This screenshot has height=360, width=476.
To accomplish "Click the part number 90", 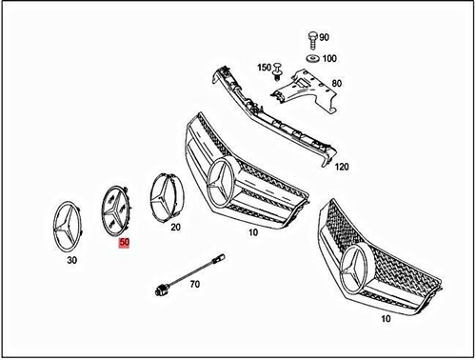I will pyautogui.click(x=325, y=37).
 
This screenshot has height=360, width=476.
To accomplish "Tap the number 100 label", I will pyautogui.click(x=329, y=59).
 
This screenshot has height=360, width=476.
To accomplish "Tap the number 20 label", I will pyautogui.click(x=175, y=227).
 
